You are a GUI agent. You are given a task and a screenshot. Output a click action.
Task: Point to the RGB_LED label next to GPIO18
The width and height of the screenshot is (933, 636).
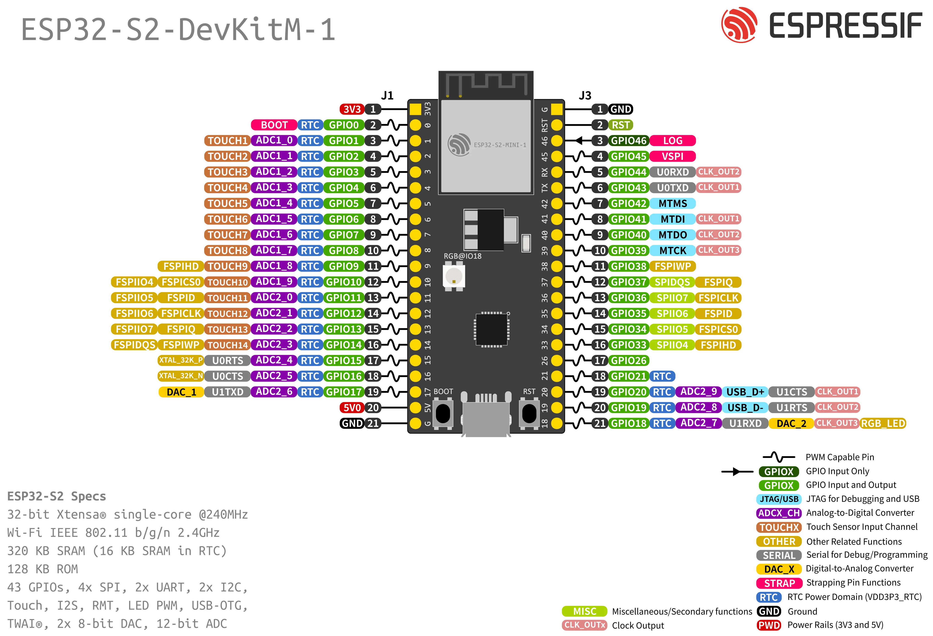click(x=883, y=423)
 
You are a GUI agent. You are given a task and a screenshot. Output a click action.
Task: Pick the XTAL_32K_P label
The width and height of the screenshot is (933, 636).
click(x=181, y=360)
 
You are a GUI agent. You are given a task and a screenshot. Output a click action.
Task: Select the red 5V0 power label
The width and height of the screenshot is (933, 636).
click(x=352, y=408)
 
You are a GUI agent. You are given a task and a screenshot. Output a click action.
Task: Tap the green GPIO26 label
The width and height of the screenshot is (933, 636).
click(x=629, y=360)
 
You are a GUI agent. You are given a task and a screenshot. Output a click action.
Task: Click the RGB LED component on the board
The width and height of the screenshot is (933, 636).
click(x=454, y=276)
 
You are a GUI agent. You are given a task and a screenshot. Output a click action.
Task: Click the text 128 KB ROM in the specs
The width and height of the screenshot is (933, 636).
click(x=43, y=569)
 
